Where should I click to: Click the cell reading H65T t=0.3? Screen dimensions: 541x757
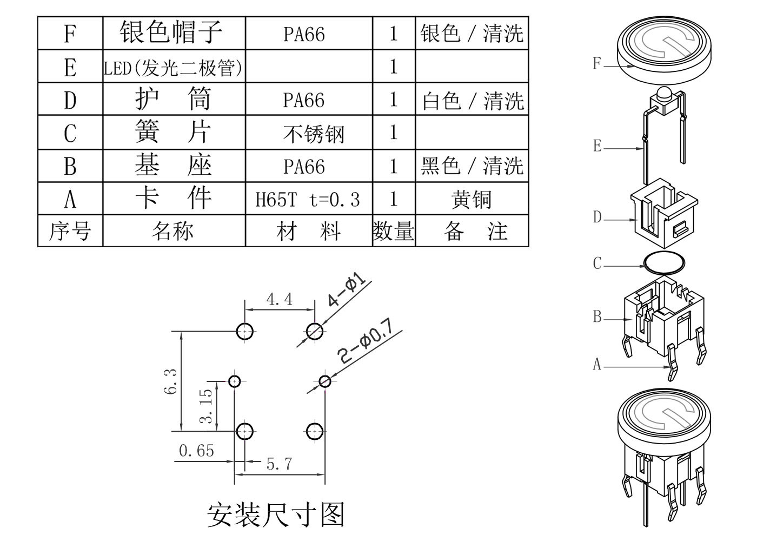coord(308,199)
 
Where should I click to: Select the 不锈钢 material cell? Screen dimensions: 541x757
coord(313,133)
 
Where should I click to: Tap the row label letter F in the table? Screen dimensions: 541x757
coord(70,34)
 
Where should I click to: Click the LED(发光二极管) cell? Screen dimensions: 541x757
coord(173,68)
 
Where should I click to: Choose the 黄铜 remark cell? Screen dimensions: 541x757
coord(471,199)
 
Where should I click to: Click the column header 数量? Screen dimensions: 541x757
coord(393,232)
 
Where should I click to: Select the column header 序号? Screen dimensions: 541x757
coord(70,232)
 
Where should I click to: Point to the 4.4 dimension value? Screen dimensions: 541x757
coord(279,299)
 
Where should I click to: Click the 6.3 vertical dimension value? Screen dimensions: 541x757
coord(170,381)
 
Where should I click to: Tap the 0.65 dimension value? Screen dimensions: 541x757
coord(196,451)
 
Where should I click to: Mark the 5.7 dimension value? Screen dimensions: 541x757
coord(279,464)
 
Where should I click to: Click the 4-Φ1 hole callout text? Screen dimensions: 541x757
coord(347,291)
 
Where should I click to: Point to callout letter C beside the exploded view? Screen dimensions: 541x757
coord(597,263)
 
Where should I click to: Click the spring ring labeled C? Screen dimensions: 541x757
coord(663,263)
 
